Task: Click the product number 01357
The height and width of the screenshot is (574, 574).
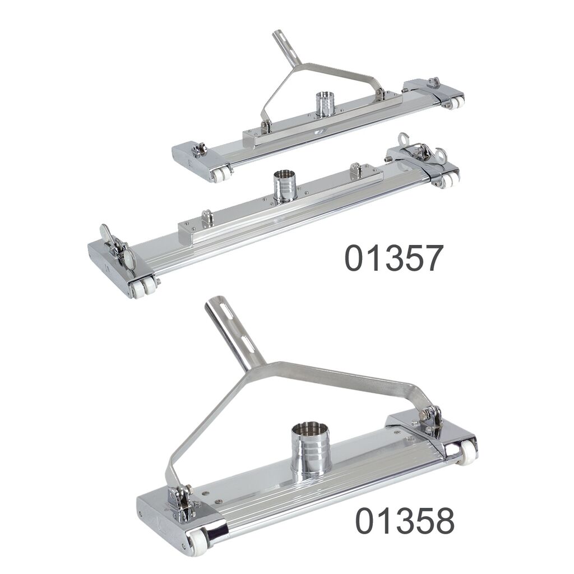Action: click(394, 258)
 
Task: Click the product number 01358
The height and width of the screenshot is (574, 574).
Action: click(405, 520)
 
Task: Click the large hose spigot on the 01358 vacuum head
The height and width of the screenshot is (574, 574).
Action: click(311, 449)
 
